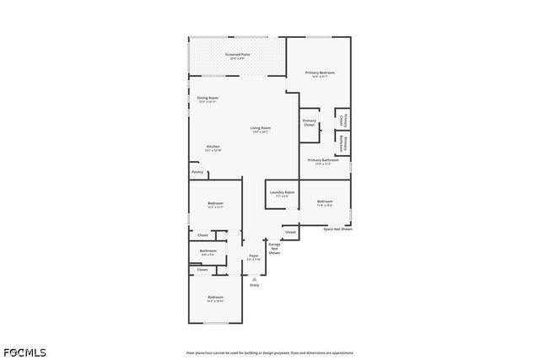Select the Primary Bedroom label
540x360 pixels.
pos(320,74)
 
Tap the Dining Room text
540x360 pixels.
pos(208,99)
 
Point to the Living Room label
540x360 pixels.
pos(260,129)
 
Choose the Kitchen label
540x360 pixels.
pos(213,148)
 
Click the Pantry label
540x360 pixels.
pos(197,172)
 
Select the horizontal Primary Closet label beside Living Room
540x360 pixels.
pos(309,123)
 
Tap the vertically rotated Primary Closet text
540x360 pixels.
pos(343,121)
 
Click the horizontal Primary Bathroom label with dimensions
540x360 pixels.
pos(322,161)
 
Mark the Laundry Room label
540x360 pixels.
pos(282,194)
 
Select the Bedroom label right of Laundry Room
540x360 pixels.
pos(325,202)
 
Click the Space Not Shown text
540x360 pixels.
pos(337,229)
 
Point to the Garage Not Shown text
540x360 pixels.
pos(274,249)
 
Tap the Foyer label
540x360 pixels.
pos(253,256)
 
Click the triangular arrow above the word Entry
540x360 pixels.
pos(254,277)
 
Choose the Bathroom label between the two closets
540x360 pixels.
pos(208,251)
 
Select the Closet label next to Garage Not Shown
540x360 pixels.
pos(289,231)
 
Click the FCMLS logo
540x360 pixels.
pos(24,352)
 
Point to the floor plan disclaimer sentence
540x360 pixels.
pos(269,353)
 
